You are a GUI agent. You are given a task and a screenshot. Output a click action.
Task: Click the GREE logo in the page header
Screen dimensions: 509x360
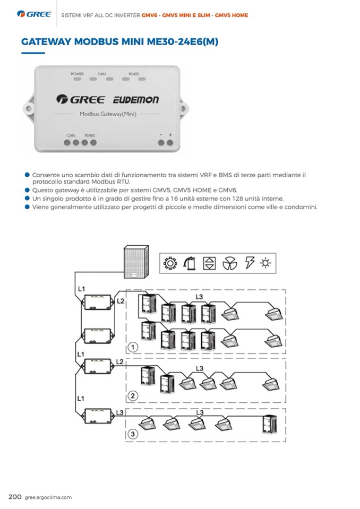(x=34, y=14)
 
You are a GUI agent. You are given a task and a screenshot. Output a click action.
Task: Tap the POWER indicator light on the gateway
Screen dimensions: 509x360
(x=78, y=79)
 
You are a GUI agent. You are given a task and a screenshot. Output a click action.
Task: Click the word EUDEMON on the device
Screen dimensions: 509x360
(x=135, y=100)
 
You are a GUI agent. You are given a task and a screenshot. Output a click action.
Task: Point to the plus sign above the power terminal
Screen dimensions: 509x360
(x=170, y=135)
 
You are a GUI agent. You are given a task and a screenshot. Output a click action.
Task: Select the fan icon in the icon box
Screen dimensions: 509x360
(x=229, y=263)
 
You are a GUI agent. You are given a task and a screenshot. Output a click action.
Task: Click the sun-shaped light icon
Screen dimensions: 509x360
(x=265, y=263)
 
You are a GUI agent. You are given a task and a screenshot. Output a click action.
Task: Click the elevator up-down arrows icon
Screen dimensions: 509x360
(x=210, y=263)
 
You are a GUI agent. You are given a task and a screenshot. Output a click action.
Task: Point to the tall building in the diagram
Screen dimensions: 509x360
(x=133, y=262)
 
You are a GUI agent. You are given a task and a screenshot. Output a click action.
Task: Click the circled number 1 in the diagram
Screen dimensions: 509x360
(x=134, y=347)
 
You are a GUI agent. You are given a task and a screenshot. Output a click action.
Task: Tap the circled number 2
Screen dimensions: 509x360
(x=134, y=395)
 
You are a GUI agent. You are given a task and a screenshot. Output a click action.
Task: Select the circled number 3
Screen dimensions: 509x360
(x=134, y=434)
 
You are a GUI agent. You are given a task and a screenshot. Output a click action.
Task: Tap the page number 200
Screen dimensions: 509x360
(x=14, y=497)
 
